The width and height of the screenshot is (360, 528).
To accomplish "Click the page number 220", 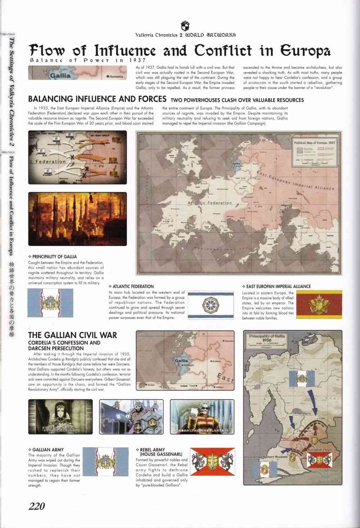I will [37, 506].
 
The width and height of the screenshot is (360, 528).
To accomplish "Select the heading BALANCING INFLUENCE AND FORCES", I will [97, 99].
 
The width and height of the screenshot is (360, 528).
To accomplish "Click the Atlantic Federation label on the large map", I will [210, 203].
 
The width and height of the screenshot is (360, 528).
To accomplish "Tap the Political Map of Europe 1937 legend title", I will [315, 143].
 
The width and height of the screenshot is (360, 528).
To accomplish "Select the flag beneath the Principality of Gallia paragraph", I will [50, 303].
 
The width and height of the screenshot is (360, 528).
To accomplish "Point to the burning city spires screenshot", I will [77, 219].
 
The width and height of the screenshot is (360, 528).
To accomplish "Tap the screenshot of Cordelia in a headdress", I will [60, 416].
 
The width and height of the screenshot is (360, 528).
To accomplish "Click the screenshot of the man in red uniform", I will [202, 416].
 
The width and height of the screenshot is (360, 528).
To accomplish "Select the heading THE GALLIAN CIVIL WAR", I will [72, 335].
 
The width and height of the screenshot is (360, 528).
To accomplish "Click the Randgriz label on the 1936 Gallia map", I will [303, 413].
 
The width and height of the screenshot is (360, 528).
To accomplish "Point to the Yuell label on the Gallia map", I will [321, 419].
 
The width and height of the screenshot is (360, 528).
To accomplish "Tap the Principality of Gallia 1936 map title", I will [266, 338].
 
